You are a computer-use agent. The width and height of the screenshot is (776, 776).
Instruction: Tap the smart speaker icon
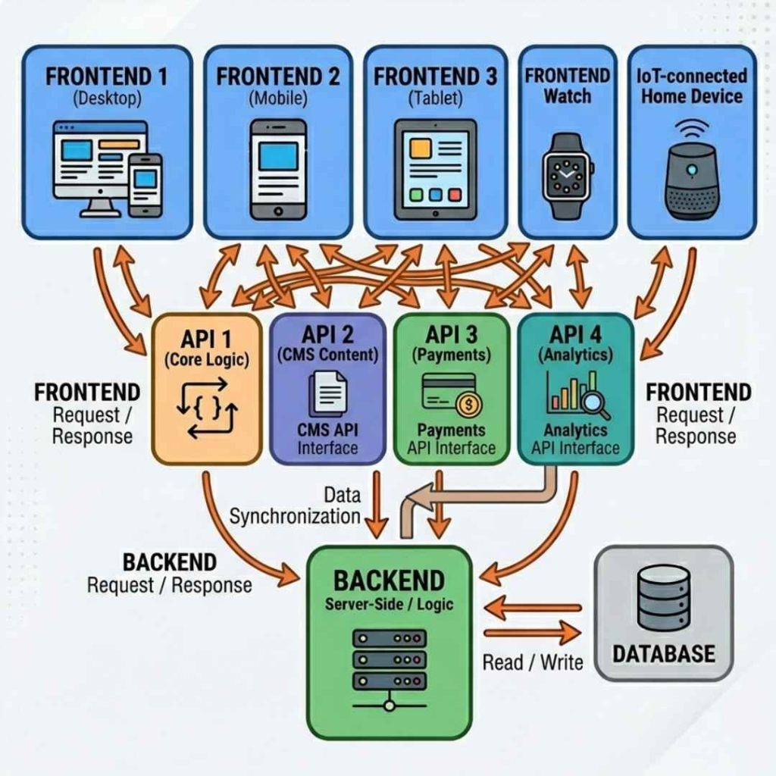(690, 180)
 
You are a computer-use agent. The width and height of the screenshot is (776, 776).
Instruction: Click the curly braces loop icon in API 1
(207, 411)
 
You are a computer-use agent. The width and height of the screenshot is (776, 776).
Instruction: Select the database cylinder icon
(663, 599)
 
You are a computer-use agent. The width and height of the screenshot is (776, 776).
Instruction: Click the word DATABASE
(663, 653)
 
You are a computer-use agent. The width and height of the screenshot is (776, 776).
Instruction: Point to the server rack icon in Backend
(389, 665)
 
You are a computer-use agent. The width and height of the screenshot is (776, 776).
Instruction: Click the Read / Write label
(532, 662)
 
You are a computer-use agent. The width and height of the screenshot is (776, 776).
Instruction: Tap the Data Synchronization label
(296, 505)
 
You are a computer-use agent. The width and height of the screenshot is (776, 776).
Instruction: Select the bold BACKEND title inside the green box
(389, 580)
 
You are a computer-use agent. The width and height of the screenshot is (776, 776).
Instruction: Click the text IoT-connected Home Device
(692, 86)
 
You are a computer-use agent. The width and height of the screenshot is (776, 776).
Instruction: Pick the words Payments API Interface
(451, 440)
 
